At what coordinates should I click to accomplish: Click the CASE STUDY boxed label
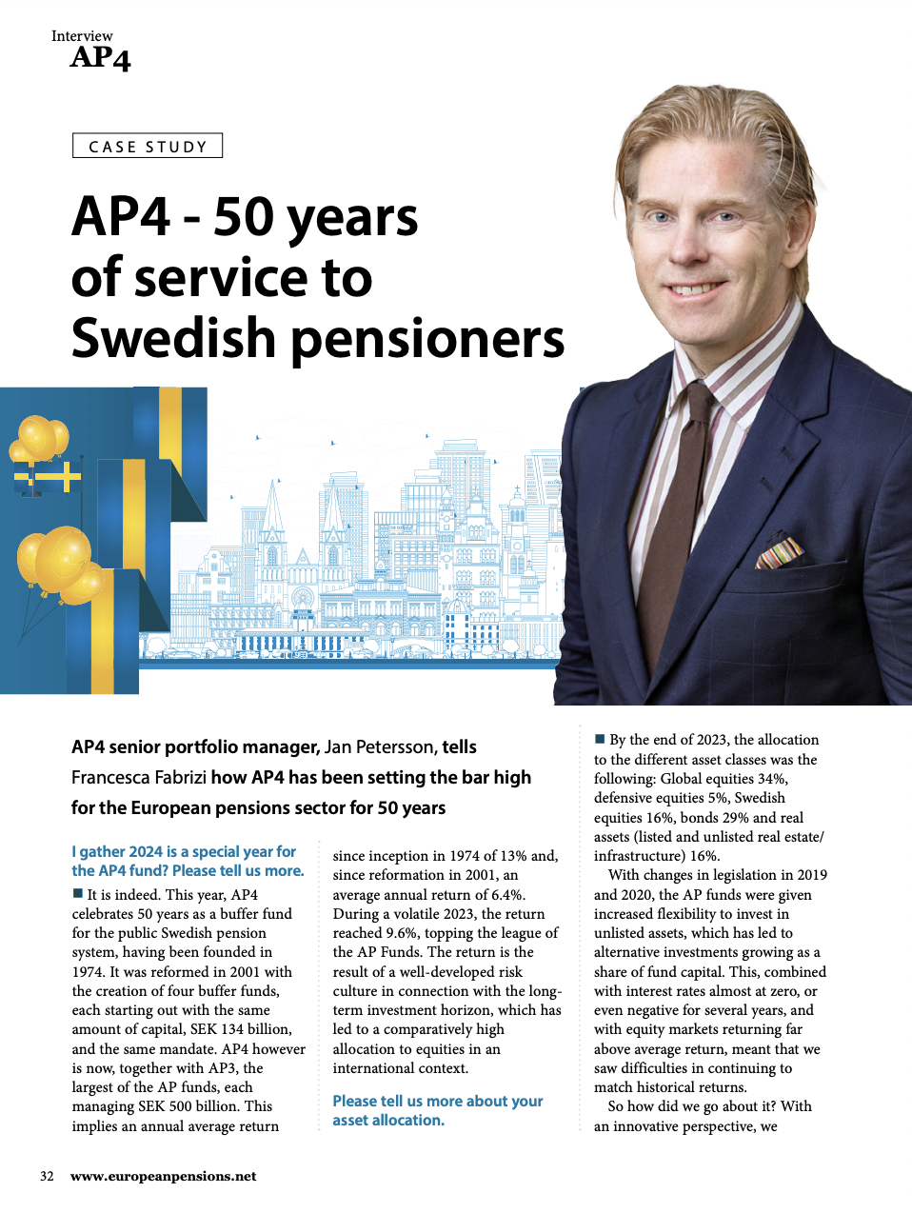click(x=148, y=146)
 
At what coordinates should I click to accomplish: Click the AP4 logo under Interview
click(x=100, y=58)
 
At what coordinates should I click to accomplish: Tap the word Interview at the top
click(x=82, y=36)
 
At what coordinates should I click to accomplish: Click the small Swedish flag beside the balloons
click(x=46, y=477)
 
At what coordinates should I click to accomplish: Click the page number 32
click(x=47, y=1176)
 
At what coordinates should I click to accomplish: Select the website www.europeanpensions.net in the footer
click(x=163, y=1176)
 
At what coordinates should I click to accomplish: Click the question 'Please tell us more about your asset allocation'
click(x=437, y=1110)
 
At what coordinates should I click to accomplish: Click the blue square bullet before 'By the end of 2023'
click(x=600, y=739)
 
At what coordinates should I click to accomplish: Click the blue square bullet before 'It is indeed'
click(x=78, y=894)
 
